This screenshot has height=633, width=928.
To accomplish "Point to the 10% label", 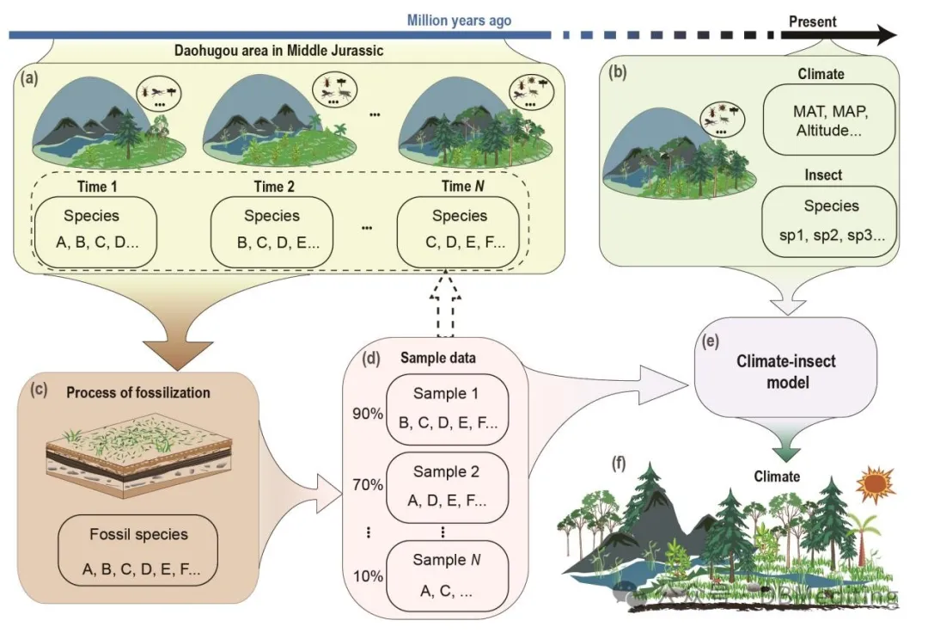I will point(367,575).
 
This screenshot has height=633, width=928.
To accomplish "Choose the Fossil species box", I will point(138,550).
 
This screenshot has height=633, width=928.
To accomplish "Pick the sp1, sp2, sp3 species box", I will point(830,220).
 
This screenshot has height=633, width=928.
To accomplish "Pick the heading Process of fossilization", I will point(137,393).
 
